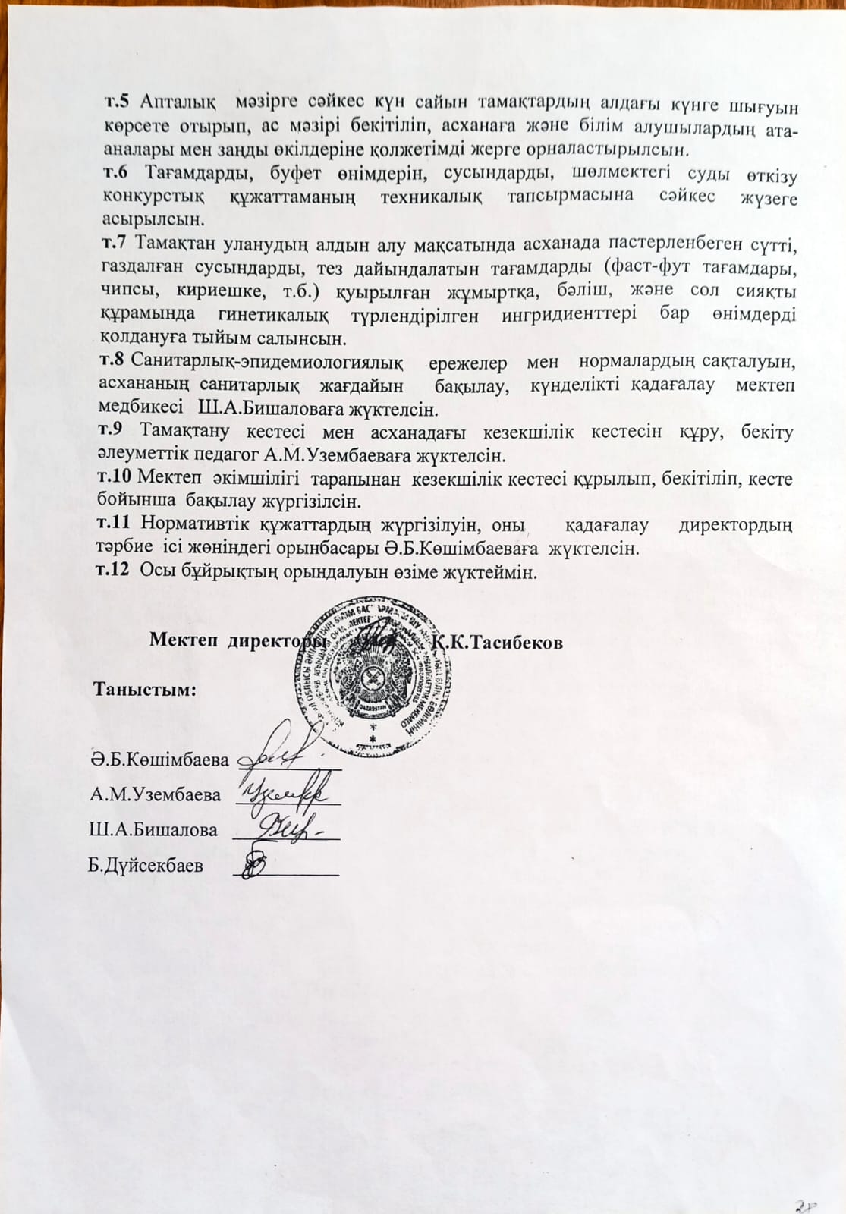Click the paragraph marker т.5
[116, 100]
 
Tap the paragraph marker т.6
[115, 173]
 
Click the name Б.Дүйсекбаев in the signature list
[145, 865]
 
